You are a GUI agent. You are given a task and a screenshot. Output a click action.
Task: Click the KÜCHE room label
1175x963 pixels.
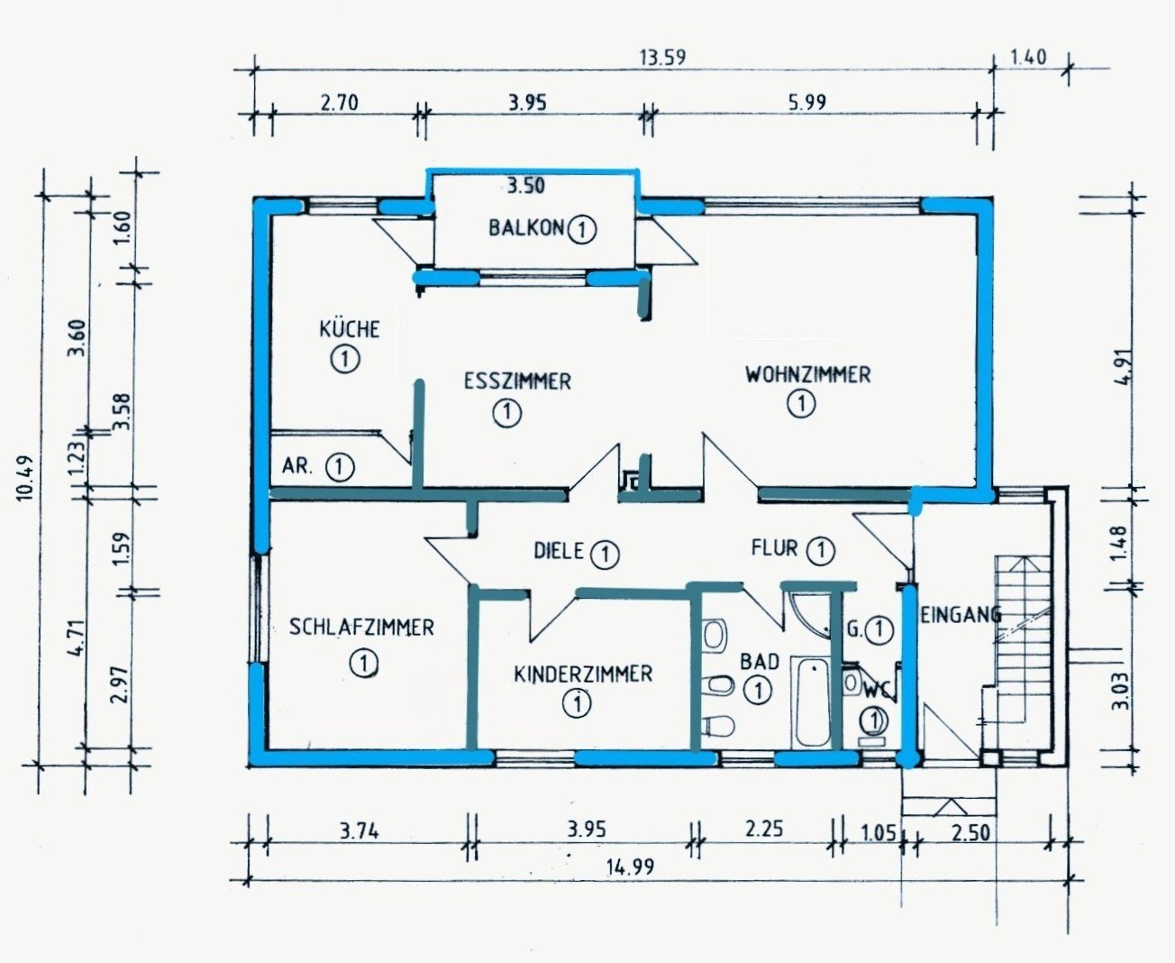pos(350,328)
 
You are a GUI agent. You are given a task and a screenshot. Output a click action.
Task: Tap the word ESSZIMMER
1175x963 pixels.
pos(517,381)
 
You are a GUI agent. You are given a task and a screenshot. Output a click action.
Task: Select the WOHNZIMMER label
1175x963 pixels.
pos(808,374)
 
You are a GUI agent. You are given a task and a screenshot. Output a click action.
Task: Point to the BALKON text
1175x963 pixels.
pos(526,227)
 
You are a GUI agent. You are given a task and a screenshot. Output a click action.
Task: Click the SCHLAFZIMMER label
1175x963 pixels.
pos(361,628)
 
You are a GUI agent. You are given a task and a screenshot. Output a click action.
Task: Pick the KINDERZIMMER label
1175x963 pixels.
pos(583,674)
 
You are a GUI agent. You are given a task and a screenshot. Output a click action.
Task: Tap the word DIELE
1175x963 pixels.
pos(559,551)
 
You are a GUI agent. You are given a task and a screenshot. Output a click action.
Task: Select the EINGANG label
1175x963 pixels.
pos(960,615)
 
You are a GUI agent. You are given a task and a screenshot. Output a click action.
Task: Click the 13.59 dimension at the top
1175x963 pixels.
pos(662,58)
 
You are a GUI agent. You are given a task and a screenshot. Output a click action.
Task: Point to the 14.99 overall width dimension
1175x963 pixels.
pos(630,867)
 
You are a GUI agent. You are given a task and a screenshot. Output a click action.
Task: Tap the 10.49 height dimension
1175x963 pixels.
pos(26,479)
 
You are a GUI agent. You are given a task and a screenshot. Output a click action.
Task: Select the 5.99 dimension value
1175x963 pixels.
pos(806,102)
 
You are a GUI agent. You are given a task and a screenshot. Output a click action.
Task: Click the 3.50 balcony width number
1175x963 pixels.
pos(525,185)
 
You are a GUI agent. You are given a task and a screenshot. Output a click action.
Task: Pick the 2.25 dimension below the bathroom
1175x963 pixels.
pos(764,829)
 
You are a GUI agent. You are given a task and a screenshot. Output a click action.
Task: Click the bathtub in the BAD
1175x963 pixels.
pos(812,702)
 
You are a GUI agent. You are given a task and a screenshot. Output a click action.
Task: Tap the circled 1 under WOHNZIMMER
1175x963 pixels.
pos(801,403)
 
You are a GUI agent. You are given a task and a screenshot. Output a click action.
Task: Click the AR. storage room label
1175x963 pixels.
pos(297,465)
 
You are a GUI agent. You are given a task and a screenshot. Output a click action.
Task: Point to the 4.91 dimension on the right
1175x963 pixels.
pos(1125,367)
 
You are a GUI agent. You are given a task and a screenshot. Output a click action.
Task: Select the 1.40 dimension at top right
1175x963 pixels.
pos(1029,58)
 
